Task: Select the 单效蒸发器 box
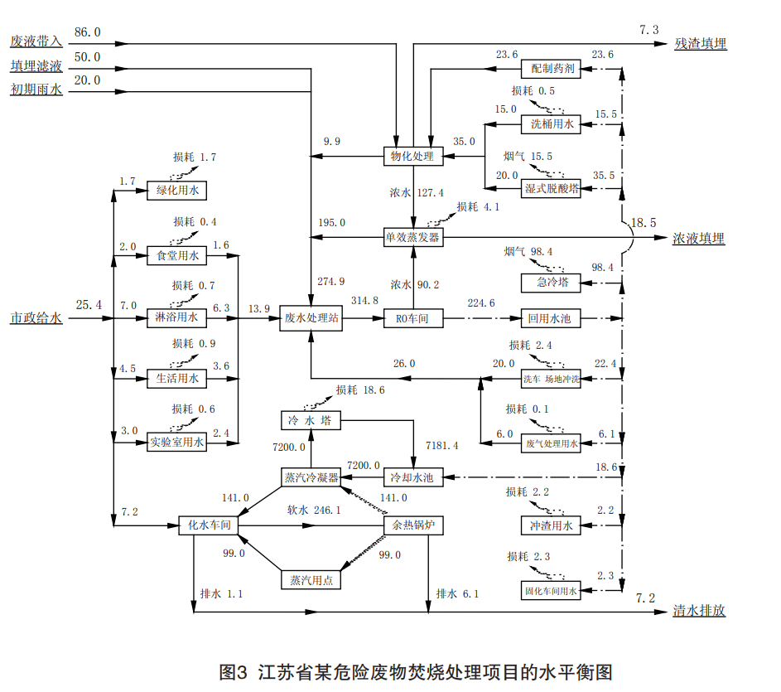tap(413, 237)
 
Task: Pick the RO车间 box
tap(413, 318)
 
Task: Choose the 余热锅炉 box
tap(413, 525)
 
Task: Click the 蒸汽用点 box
tap(310, 579)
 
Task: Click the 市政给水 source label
tap(36, 318)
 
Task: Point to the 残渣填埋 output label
tap(700, 44)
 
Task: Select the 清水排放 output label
tap(700, 611)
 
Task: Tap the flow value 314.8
tap(364, 301)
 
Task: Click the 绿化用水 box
tap(177, 191)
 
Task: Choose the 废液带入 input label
tap(36, 41)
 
